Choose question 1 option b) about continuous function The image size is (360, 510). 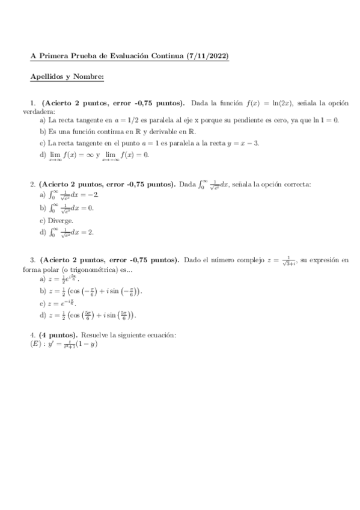coord(118,131)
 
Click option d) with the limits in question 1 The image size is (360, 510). coord(94,155)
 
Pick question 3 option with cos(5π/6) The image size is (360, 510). coord(88,315)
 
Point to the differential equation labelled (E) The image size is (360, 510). coord(63,344)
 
